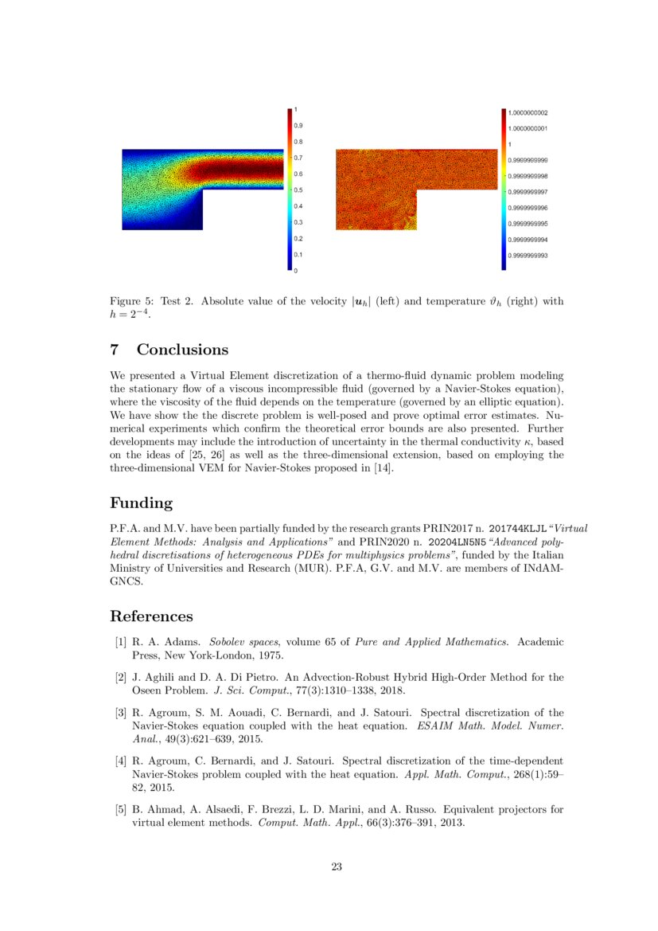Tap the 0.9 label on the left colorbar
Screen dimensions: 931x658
coord(298,126)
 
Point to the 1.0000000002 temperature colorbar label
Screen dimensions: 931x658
coord(528,113)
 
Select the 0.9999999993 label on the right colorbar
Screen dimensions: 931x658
coord(528,256)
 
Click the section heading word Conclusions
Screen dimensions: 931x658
coord(182,350)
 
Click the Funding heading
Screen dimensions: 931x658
coord(142,503)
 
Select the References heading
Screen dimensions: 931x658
coord(151,616)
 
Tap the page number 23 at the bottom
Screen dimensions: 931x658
coord(337,867)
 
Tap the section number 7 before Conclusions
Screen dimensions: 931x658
coord(115,350)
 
